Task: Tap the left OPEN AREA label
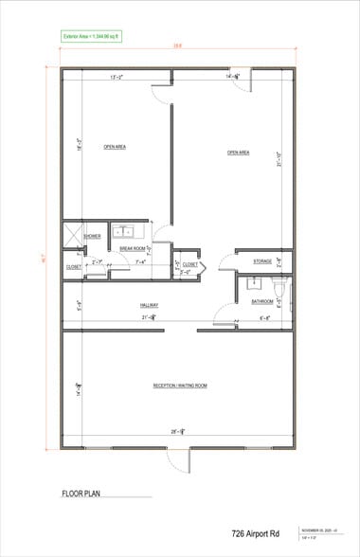[x=116, y=147]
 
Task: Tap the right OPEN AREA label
[x=237, y=153]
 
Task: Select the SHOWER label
[x=93, y=236]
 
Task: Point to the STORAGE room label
[x=262, y=261]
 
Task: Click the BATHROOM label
[x=261, y=301]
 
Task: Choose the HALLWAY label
[x=149, y=305]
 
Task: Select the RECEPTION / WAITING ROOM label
[x=180, y=386]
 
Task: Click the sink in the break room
[x=123, y=230]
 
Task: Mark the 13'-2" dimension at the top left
[x=118, y=77]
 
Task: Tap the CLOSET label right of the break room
[x=189, y=265]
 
